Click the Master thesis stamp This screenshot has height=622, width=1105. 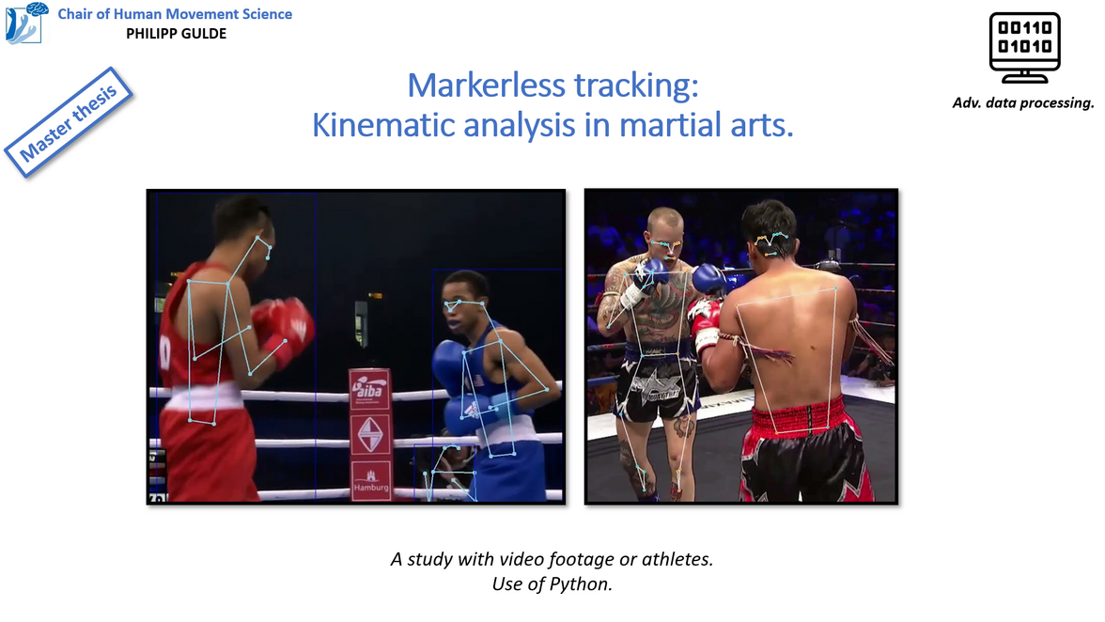click(69, 122)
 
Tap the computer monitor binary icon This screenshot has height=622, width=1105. click(1024, 47)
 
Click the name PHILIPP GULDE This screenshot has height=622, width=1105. click(177, 34)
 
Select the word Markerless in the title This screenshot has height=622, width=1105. click(487, 86)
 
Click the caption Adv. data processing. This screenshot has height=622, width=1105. click(1023, 102)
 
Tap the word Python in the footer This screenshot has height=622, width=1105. click(579, 584)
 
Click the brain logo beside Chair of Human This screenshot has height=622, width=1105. click(26, 23)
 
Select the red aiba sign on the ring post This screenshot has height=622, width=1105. click(369, 389)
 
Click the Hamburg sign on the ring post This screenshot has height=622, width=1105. click(370, 480)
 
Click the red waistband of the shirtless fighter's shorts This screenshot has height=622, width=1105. click(798, 416)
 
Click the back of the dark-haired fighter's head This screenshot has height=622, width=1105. click(770, 229)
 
